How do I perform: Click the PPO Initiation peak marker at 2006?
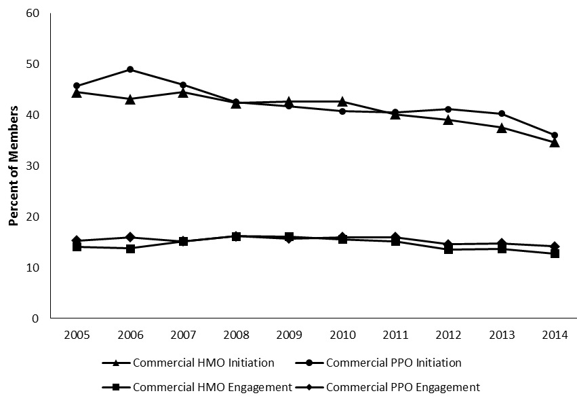130,69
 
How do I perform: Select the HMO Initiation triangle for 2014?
555,143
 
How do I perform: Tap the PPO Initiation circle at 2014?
555,135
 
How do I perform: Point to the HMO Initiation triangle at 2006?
130,99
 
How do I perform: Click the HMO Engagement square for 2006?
130,249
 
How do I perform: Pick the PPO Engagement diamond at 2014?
555,246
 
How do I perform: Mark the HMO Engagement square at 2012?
448,249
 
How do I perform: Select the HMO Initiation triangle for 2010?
342,102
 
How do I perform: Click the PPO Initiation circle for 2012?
448,109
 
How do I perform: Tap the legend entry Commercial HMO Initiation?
203,363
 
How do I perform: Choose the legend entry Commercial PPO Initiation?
393,363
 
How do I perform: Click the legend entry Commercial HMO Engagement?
213,387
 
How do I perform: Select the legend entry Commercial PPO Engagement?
403,387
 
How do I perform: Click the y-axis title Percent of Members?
13,166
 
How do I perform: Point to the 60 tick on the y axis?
31,14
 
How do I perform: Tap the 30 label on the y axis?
31,166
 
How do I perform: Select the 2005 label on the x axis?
77,334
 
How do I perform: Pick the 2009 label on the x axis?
289,334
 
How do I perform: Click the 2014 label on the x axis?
555,334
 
